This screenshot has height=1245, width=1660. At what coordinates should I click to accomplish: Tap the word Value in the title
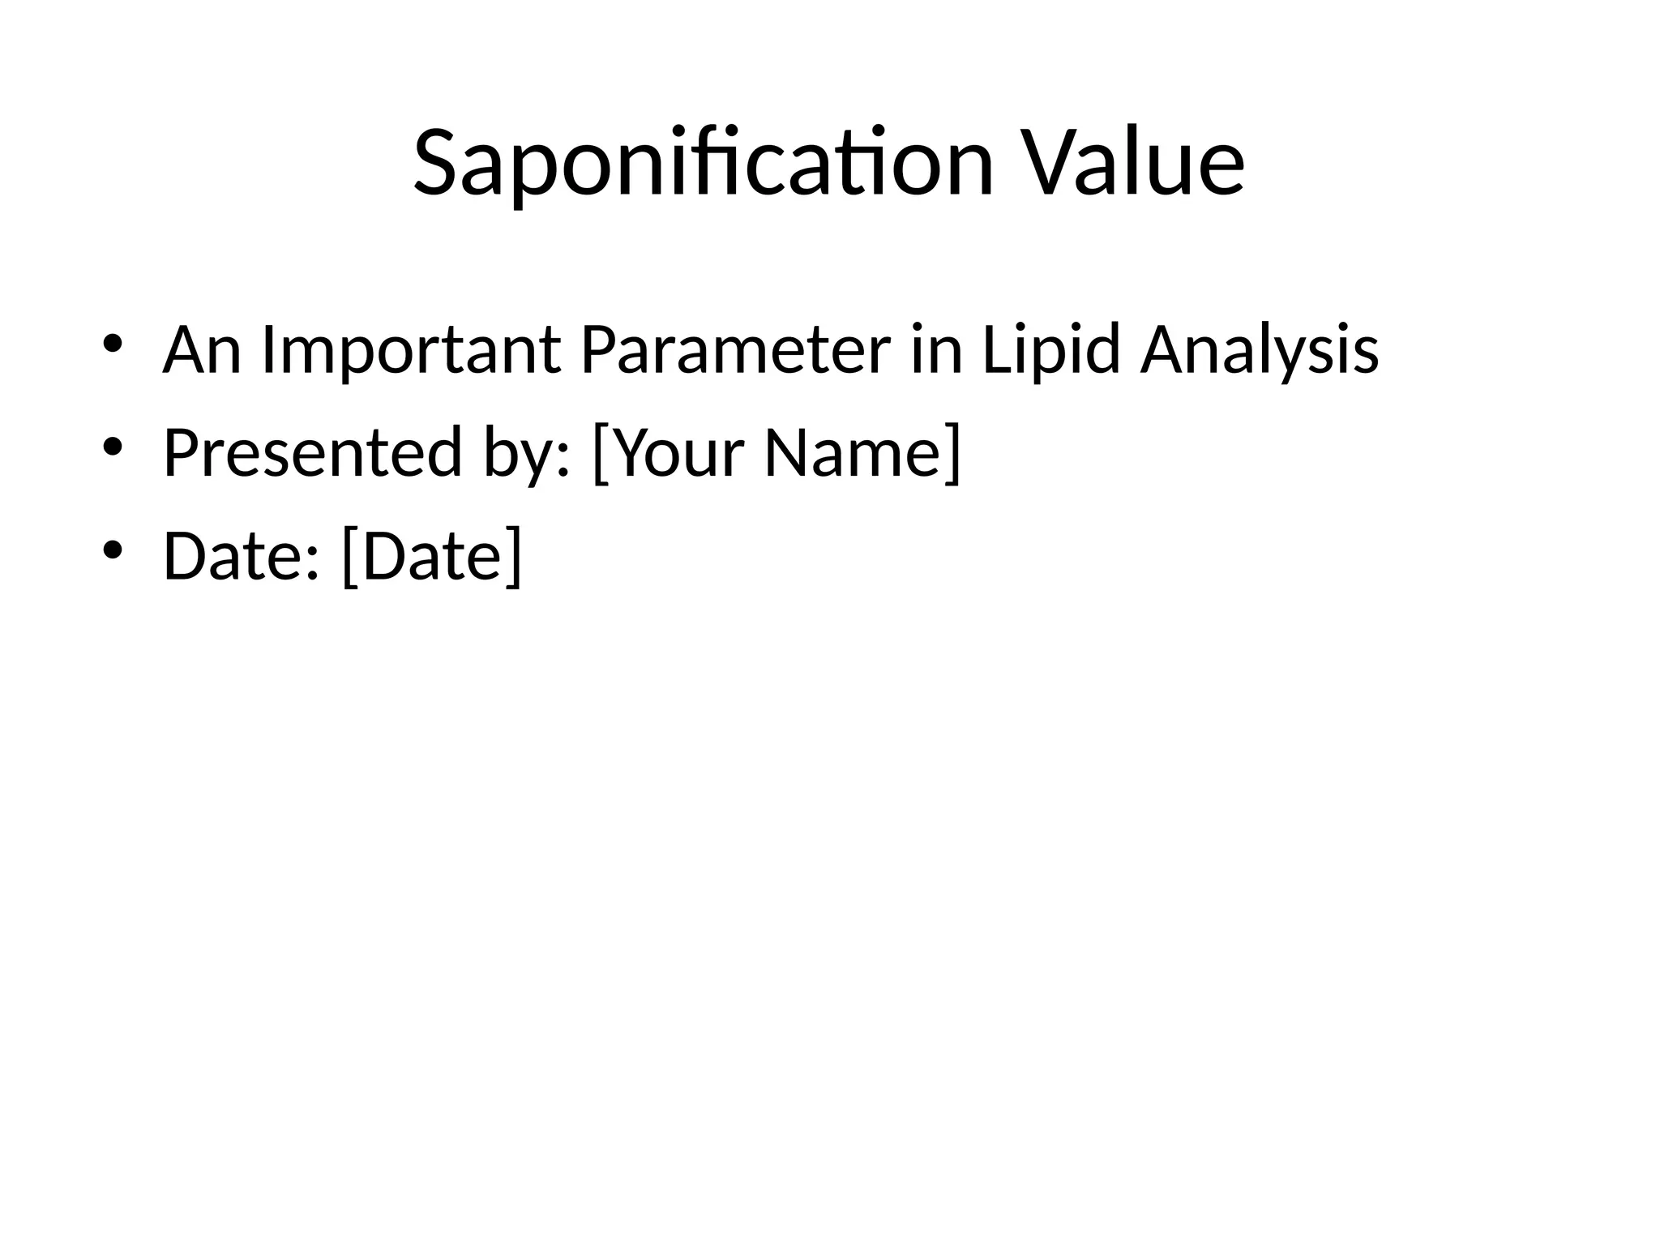(1132, 164)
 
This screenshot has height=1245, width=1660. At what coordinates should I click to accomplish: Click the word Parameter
(735, 350)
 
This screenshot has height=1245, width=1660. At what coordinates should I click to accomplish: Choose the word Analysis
(1259, 350)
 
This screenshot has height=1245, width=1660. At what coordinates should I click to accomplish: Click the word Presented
(313, 453)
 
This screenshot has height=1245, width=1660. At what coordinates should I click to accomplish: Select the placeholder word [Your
(669, 453)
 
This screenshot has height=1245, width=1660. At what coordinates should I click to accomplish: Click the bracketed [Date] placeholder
(432, 556)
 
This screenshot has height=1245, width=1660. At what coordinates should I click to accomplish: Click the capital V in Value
(1050, 164)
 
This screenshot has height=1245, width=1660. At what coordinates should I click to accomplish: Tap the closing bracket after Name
(954, 453)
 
